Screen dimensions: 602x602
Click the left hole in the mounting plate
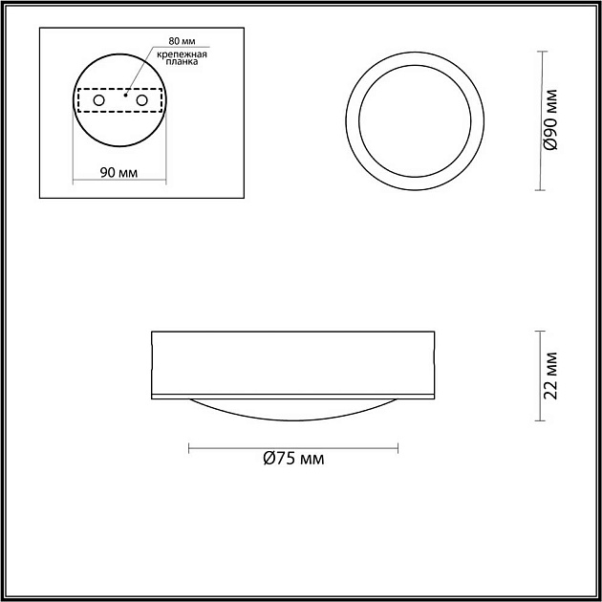98,99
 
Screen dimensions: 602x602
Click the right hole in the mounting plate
142,99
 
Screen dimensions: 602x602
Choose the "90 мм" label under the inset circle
119,172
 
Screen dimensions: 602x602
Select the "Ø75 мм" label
293,459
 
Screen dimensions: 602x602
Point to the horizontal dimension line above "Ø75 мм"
293,446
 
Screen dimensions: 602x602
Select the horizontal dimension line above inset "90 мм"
119,182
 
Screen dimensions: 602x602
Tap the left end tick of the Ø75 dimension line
189,446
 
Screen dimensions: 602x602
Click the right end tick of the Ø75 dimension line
398,446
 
